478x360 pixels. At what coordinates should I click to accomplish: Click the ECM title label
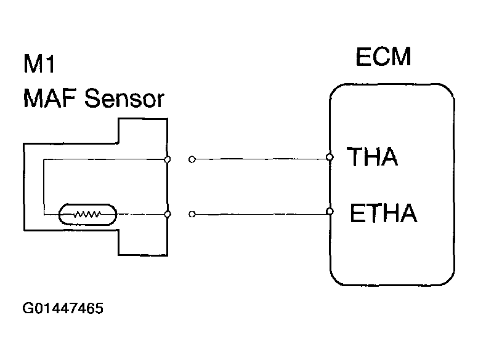(x=383, y=57)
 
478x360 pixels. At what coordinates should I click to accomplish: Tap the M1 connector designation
(x=39, y=63)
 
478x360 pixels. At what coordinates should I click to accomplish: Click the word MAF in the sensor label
(x=50, y=98)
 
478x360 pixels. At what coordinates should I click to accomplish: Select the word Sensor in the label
(x=124, y=98)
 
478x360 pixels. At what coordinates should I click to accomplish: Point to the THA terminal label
(x=372, y=156)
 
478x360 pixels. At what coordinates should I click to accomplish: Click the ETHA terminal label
(x=384, y=213)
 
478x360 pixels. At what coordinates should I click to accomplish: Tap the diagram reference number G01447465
(x=63, y=308)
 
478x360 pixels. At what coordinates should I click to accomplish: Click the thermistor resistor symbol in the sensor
(x=87, y=214)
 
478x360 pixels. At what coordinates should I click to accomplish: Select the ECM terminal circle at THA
(x=329, y=157)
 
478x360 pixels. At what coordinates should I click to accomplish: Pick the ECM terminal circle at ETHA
(x=329, y=211)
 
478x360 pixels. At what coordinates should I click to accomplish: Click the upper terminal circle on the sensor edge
(x=167, y=159)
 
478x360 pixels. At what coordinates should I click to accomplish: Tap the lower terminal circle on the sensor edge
(x=167, y=214)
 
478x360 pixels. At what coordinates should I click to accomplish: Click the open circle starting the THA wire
(x=192, y=159)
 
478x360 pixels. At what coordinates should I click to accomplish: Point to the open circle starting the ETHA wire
(x=192, y=214)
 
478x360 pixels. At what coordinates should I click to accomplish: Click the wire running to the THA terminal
(x=261, y=159)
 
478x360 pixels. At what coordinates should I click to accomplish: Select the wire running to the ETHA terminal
(x=261, y=214)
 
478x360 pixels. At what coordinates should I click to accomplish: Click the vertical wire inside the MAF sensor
(x=44, y=186)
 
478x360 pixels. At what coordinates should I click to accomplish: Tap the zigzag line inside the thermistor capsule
(x=87, y=214)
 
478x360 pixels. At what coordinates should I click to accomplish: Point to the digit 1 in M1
(x=50, y=64)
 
